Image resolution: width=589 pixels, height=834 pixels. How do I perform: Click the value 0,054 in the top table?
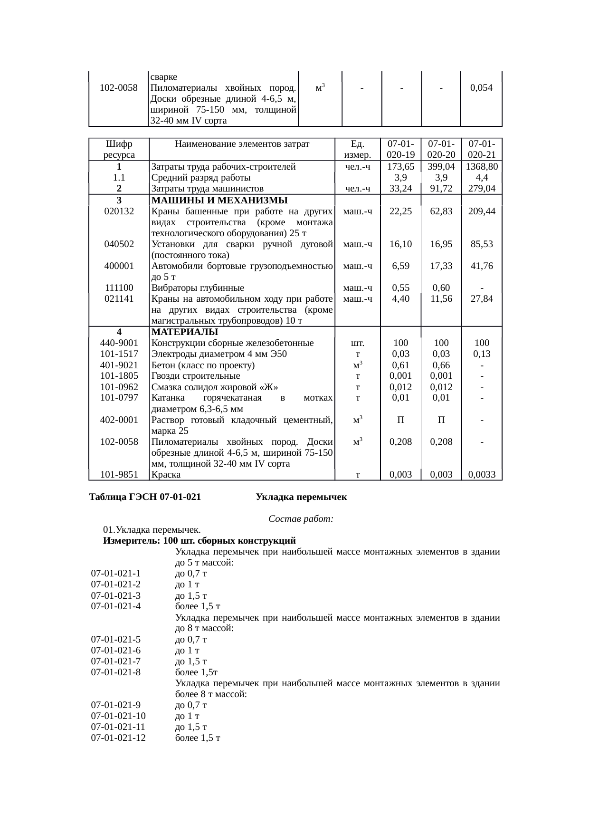tap(481, 88)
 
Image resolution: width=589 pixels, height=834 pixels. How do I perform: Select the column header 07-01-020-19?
tap(401, 149)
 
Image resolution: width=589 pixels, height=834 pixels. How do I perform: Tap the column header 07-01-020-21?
tap(482, 149)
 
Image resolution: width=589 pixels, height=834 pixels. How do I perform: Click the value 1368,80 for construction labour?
tap(482, 167)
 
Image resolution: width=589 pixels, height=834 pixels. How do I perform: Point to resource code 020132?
tap(119, 211)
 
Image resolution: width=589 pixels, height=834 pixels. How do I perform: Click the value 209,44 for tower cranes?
tap(482, 211)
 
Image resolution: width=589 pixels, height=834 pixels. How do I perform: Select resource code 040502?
tap(119, 244)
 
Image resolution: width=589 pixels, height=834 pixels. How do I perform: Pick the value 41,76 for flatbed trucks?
tap(482, 266)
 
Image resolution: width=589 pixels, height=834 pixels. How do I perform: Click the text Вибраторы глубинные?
tap(198, 288)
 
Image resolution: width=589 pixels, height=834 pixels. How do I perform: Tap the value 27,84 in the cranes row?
tap(482, 299)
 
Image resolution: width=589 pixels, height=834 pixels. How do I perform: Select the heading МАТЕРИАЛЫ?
tap(185, 332)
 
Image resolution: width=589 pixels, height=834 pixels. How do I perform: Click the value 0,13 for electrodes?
tap(482, 354)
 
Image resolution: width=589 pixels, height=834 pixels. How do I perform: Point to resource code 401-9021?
tap(119, 365)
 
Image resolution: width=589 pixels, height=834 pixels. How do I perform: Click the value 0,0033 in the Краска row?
tap(482, 474)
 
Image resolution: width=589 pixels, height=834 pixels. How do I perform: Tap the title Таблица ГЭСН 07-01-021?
tap(145, 497)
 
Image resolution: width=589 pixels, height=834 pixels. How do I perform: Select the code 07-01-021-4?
tap(116, 606)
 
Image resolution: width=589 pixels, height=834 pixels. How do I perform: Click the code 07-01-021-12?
tap(118, 738)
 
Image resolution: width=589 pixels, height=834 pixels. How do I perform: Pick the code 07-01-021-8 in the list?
tap(116, 672)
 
